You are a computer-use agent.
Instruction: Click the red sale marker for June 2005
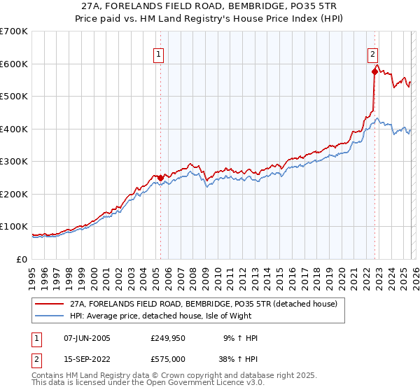(160, 178)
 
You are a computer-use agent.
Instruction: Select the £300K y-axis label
(14, 162)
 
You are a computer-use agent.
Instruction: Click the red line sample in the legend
(50, 304)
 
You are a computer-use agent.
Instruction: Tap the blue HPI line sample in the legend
(50, 316)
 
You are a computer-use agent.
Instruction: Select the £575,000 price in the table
(167, 358)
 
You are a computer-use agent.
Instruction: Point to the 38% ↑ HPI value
(241, 358)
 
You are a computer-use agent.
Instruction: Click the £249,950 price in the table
(167, 339)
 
